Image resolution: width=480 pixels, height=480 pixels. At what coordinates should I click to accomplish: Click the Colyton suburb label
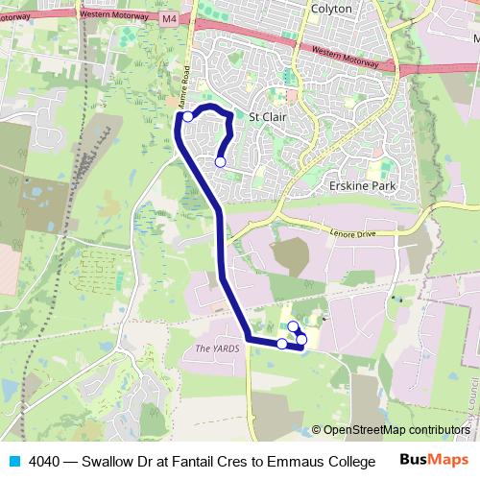[332, 9]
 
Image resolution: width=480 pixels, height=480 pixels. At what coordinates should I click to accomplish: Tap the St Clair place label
[268, 118]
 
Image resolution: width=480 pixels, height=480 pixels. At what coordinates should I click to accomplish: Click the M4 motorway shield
[169, 18]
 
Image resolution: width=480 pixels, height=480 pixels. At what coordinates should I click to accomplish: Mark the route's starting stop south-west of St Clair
[220, 162]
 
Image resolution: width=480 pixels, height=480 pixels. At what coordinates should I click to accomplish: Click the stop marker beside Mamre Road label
[188, 117]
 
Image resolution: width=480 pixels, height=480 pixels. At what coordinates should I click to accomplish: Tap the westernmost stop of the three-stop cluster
[281, 343]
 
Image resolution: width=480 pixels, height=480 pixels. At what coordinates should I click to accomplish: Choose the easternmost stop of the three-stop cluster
[301, 339]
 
